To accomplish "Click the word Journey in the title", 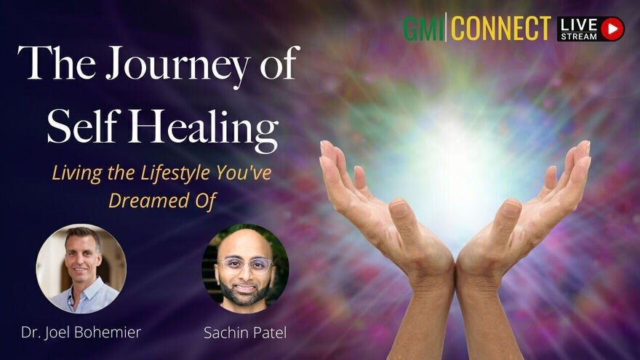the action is point(177,65).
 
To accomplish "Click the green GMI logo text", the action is point(424,28).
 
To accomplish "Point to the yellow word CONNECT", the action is point(501,28).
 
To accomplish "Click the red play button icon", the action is point(612,28).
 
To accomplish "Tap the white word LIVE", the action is point(579,25).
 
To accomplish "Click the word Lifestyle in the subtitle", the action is point(175,173).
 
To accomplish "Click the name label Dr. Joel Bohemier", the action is point(81,332).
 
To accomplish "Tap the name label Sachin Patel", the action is point(245,332).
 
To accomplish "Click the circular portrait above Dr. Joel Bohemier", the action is point(81,268).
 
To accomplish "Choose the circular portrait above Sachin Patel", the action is point(245,268).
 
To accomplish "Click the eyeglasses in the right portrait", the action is point(245,265).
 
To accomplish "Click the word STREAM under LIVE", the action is point(579,36).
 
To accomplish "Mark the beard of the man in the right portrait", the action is point(245,291).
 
